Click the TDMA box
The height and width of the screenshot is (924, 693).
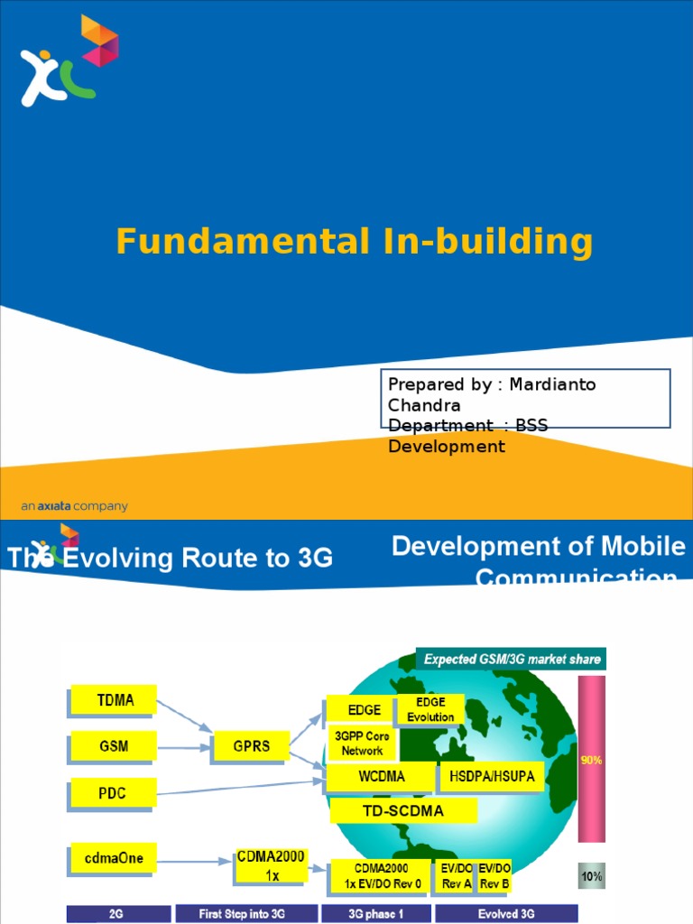[113, 699]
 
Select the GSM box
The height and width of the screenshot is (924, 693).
[113, 746]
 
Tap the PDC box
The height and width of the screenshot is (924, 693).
[113, 794]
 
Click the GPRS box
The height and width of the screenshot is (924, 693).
[252, 746]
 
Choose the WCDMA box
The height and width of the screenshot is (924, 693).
[381, 776]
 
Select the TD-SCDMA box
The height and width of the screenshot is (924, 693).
[403, 810]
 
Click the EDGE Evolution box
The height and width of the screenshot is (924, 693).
[430, 709]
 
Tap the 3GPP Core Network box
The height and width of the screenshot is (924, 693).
[362, 744]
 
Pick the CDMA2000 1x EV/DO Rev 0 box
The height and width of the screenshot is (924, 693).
[382, 875]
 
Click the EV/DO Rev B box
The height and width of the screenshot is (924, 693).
[494, 875]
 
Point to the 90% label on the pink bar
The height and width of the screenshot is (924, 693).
[591, 760]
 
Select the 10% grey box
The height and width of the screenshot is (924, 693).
[591, 875]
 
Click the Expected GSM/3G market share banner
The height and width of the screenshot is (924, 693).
[512, 659]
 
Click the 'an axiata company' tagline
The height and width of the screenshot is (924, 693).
[74, 506]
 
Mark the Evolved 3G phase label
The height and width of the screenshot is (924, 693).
[506, 914]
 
